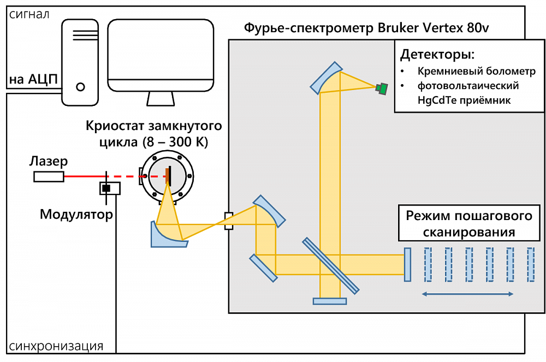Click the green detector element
point(382,88)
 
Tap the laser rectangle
point(49,176)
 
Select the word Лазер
point(49,162)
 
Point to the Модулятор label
point(76,215)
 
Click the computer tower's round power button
point(81,86)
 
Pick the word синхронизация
point(56,346)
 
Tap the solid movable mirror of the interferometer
point(407,265)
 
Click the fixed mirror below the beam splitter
point(330,301)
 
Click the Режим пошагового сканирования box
point(468,223)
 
